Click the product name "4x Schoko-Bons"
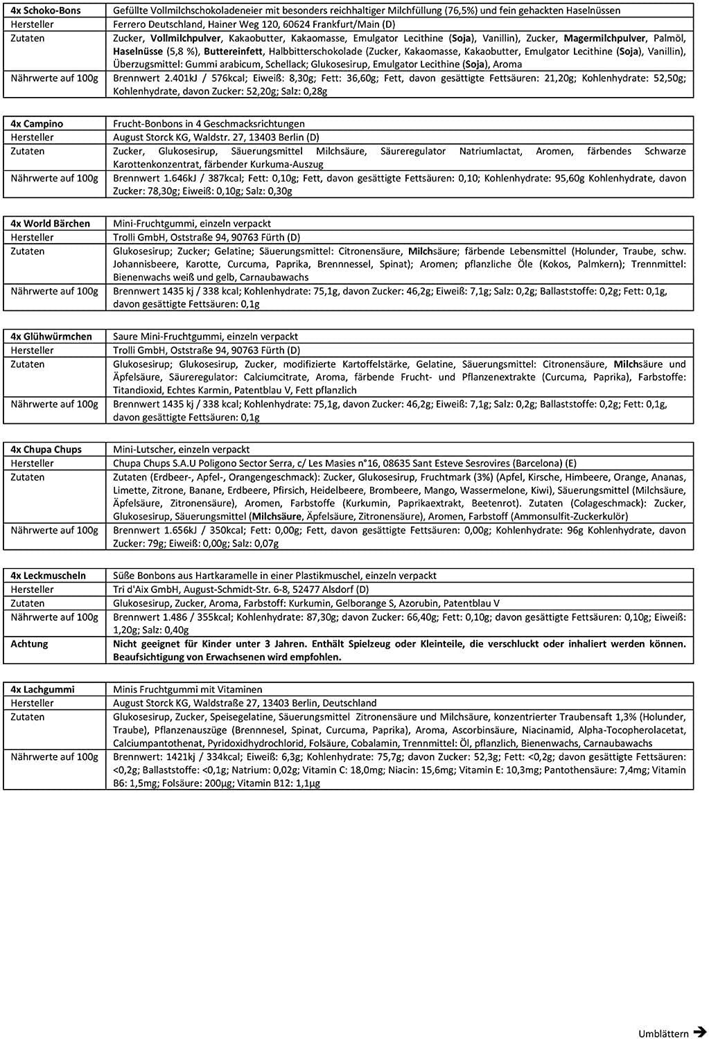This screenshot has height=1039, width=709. (x=46, y=10)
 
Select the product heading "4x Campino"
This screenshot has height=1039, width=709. (x=37, y=123)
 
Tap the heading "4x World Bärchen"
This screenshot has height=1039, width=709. (x=51, y=224)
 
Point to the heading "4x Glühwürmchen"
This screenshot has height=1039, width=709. (x=51, y=337)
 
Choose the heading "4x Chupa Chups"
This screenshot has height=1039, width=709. (x=46, y=450)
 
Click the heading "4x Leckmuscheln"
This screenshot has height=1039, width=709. (x=49, y=576)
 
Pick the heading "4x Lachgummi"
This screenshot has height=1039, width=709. (x=43, y=689)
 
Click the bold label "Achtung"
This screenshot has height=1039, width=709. (x=30, y=643)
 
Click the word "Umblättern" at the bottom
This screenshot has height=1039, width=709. (x=663, y=1033)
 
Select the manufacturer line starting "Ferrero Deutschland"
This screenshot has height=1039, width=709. (x=254, y=24)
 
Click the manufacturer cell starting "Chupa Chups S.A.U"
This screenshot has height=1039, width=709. (x=344, y=463)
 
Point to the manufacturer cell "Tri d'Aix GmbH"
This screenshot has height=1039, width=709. (x=241, y=589)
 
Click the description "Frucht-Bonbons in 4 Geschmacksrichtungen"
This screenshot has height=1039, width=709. (x=209, y=123)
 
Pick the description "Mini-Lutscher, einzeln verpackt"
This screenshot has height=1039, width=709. (x=182, y=450)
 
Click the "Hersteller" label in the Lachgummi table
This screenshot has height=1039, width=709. (x=33, y=703)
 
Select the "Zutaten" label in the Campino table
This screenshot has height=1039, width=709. (x=28, y=151)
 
